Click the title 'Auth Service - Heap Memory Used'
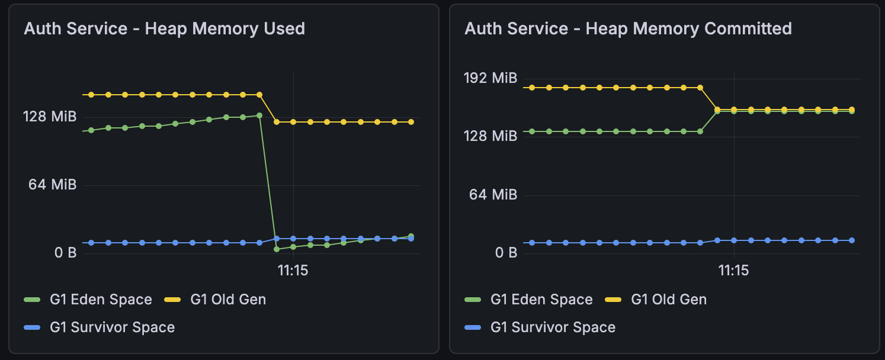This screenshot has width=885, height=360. [164, 28]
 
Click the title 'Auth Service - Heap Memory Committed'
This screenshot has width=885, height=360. [628, 28]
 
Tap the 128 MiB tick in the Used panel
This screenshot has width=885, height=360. [50, 117]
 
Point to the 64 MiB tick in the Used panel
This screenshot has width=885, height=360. [53, 185]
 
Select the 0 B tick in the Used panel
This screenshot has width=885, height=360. [66, 253]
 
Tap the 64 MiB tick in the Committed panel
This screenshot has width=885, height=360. [493, 194]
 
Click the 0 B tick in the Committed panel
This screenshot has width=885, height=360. [506, 253]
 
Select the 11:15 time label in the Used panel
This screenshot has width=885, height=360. [293, 271]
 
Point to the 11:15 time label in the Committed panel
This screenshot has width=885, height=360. [734, 271]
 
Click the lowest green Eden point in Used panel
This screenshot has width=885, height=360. [277, 249]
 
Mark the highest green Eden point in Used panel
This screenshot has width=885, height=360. [259, 115]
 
